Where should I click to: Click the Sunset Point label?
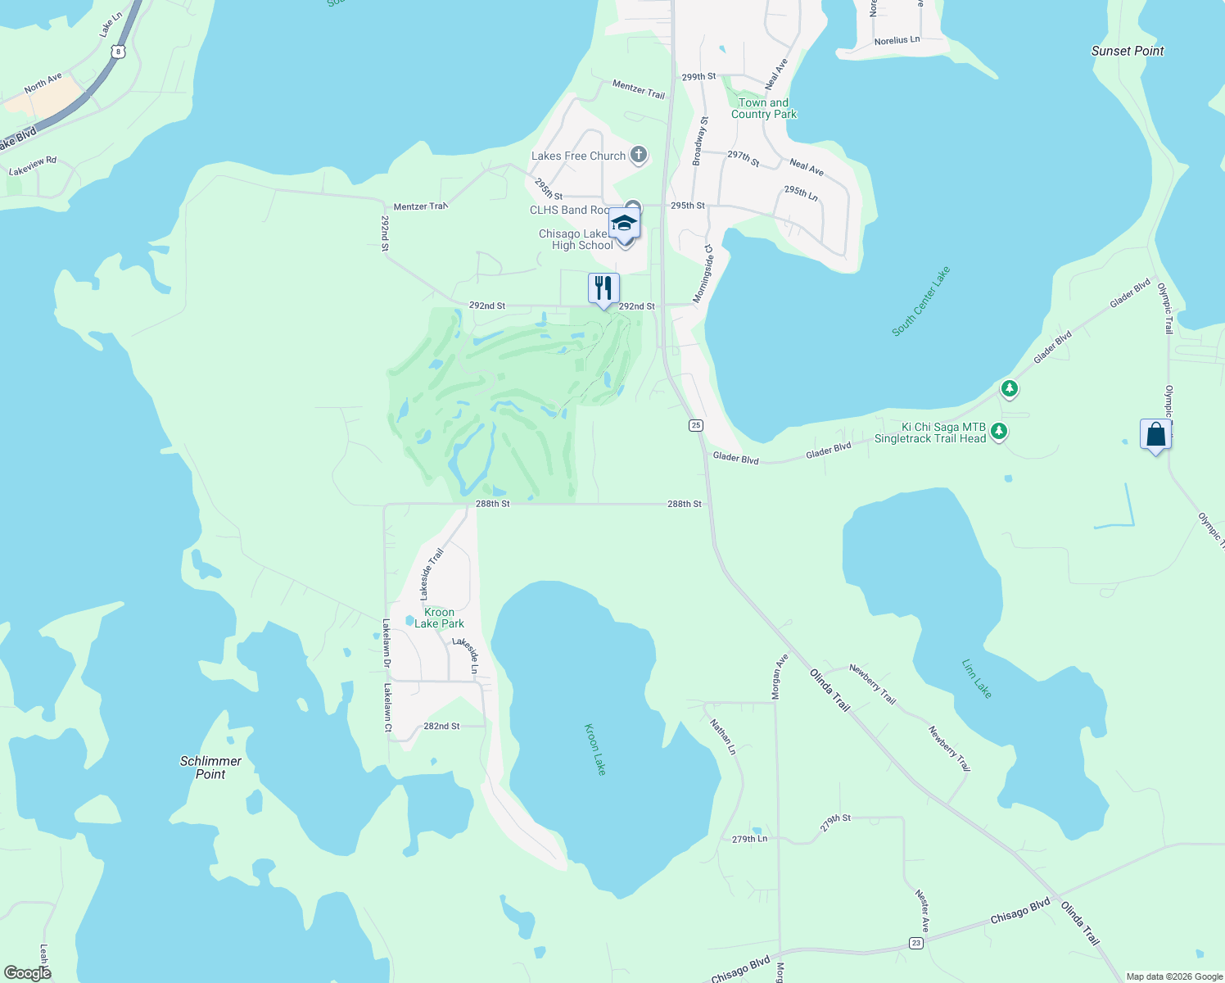(x=1127, y=51)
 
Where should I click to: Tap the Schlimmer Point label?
(x=210, y=768)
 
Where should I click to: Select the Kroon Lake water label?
(x=595, y=749)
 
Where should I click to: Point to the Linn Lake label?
(x=977, y=680)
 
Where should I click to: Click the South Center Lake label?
(x=921, y=301)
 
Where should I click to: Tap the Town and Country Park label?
(x=763, y=108)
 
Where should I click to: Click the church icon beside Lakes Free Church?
(x=639, y=155)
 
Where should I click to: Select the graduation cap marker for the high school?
(x=624, y=224)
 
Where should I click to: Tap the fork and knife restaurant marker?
(x=603, y=289)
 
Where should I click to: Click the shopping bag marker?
(x=1155, y=435)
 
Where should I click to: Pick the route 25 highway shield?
(x=695, y=425)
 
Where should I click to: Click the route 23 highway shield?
(x=915, y=944)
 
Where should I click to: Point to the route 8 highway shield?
(x=120, y=52)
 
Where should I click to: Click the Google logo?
(x=27, y=973)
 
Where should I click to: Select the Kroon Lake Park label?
(x=439, y=618)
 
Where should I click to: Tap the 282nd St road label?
(x=441, y=727)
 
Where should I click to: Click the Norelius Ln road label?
(x=897, y=40)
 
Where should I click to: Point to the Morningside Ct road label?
(x=703, y=274)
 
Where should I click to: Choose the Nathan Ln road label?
(x=722, y=736)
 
